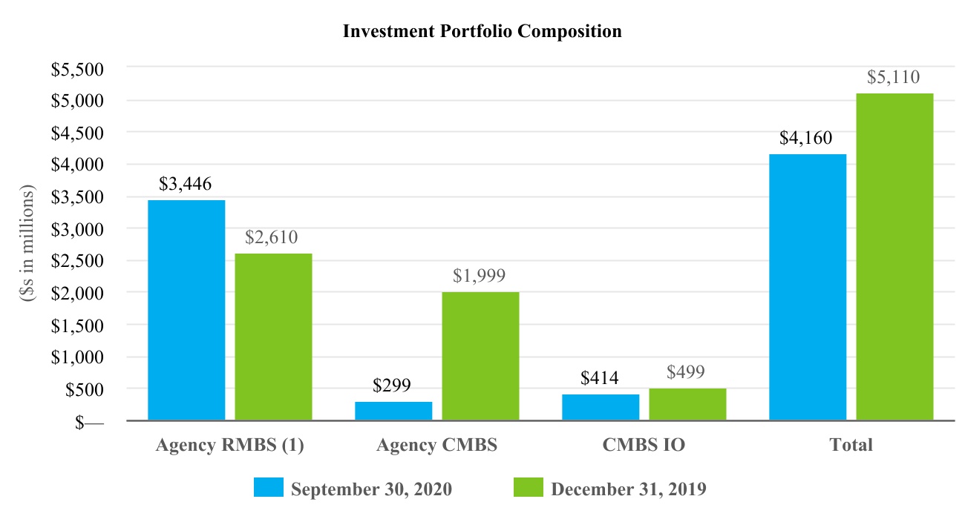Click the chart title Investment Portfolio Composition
[482, 32]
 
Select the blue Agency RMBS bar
[186, 310]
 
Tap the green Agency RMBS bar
[273, 337]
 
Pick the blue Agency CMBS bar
[393, 411]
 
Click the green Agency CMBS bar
[480, 356]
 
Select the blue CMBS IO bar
[600, 407]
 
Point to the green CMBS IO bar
[687, 404]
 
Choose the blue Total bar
[808, 287]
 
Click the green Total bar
[894, 257]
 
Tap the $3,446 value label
[186, 183]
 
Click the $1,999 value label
[480, 276]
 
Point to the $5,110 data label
[894, 76]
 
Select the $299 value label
[392, 386]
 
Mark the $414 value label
[599, 378]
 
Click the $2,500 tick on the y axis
[76, 261]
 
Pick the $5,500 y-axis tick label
[76, 69]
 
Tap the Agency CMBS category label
[436, 445]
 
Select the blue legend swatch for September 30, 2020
[268, 487]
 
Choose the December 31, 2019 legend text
[628, 489]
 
